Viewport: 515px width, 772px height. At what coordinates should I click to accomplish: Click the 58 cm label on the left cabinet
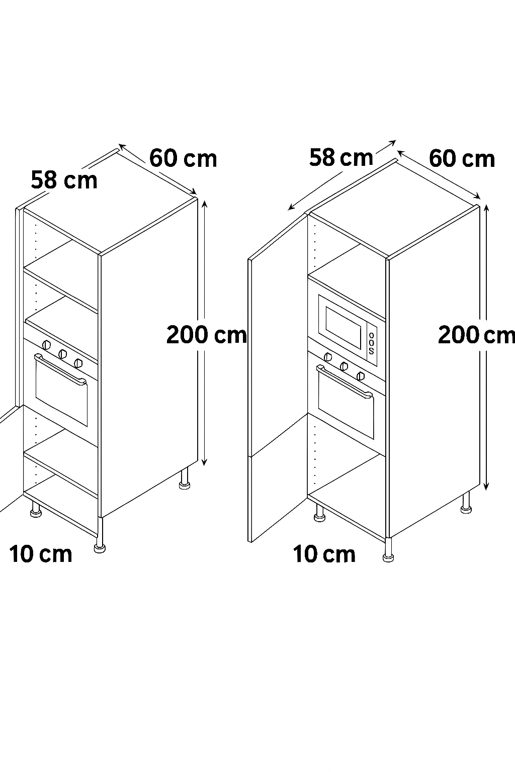(x=64, y=180)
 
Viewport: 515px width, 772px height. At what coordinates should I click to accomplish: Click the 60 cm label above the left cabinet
(x=183, y=158)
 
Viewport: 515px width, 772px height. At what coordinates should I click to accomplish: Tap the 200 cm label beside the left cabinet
(x=207, y=335)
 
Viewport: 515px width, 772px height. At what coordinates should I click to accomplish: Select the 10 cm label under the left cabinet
(x=41, y=554)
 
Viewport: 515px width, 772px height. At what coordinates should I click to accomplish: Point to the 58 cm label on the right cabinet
(x=341, y=157)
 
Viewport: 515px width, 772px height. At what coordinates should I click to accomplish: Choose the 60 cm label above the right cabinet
(x=462, y=159)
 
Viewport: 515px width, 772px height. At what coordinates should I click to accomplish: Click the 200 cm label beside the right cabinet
(x=476, y=335)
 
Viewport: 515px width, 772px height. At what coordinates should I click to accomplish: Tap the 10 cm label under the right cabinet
(x=324, y=554)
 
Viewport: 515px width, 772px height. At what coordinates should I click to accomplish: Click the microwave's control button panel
(x=372, y=343)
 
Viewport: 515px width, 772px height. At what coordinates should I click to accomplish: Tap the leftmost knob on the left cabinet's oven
(x=46, y=345)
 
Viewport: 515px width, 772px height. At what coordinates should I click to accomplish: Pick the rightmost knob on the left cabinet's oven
(x=78, y=363)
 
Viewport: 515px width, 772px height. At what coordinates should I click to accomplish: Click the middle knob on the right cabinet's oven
(x=344, y=366)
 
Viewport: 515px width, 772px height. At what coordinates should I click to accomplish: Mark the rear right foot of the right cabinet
(x=466, y=503)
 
